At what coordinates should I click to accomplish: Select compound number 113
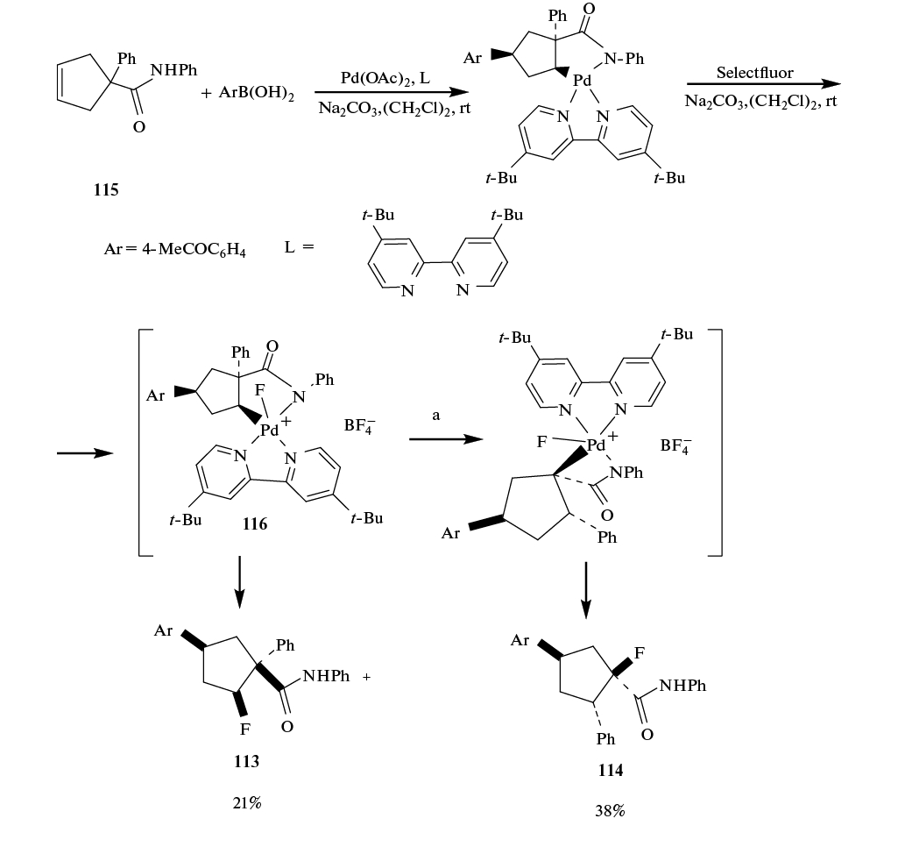(x=246, y=761)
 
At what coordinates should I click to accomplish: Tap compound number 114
(x=610, y=770)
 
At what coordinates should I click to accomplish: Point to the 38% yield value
(x=610, y=811)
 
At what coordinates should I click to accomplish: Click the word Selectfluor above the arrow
(x=754, y=73)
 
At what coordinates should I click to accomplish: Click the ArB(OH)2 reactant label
(x=248, y=93)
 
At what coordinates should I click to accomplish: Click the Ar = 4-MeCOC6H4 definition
(x=175, y=250)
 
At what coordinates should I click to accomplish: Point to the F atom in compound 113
(x=247, y=729)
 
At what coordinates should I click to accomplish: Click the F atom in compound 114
(x=640, y=653)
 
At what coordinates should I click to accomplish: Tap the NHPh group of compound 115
(x=174, y=69)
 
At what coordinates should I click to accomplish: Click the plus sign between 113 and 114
(x=366, y=677)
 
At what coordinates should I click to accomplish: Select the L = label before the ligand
(x=299, y=248)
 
